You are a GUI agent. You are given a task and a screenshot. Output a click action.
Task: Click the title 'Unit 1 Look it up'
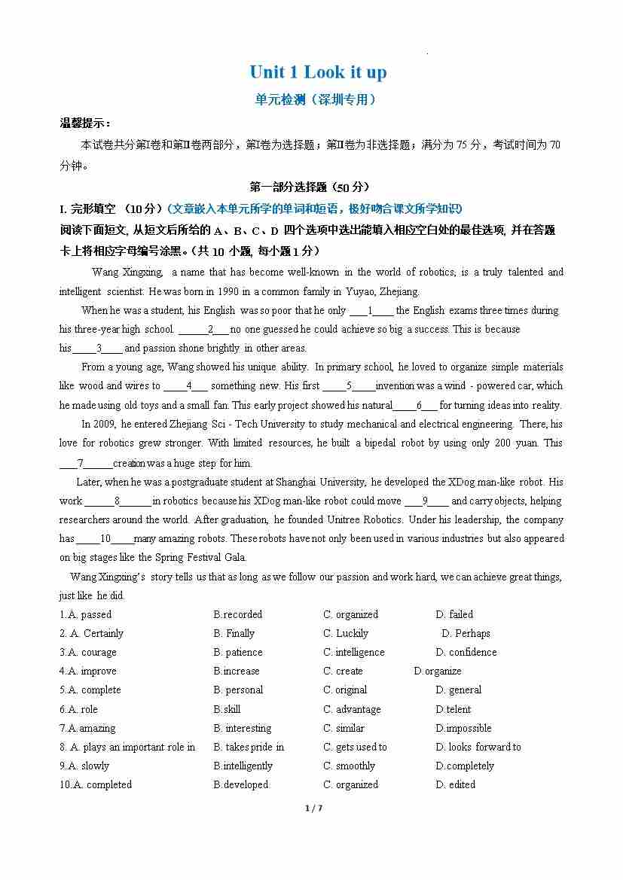click(x=318, y=72)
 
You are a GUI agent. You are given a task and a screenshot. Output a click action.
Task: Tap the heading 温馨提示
click(x=85, y=123)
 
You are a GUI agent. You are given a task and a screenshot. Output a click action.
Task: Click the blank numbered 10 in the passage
click(x=105, y=539)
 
